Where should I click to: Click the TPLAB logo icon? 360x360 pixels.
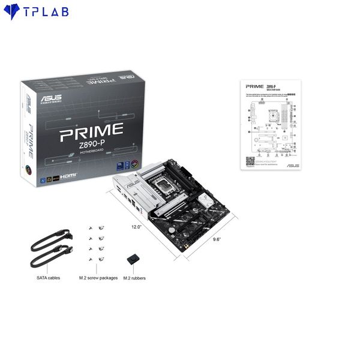(x=11, y=12)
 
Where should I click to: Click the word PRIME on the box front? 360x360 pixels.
(x=91, y=131)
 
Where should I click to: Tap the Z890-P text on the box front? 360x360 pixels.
(x=91, y=145)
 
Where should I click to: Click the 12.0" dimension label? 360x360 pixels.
(x=137, y=227)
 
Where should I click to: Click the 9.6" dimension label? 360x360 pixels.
(x=217, y=239)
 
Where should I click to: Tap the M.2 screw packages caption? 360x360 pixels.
(x=98, y=278)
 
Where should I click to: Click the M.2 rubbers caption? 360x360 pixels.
(x=134, y=278)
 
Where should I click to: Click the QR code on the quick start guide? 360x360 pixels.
(x=250, y=161)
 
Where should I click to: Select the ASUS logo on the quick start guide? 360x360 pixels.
(x=292, y=165)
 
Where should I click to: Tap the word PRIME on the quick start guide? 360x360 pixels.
(x=254, y=86)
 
